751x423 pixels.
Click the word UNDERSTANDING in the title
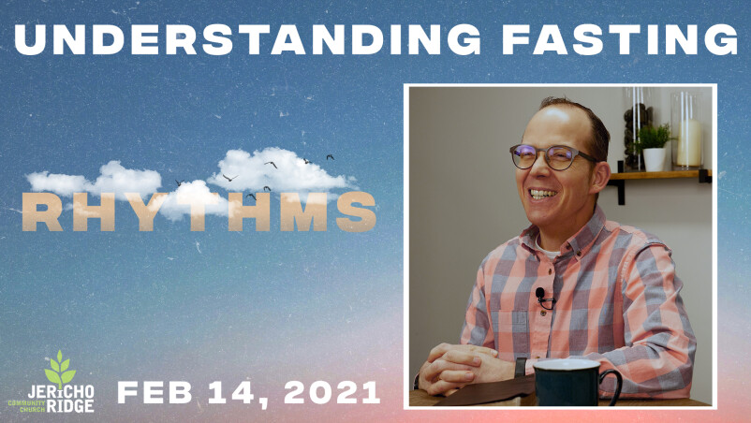pyautogui.click(x=247, y=38)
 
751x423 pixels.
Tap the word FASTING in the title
pyautogui.click(x=620, y=38)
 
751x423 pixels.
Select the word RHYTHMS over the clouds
pyautogui.click(x=199, y=211)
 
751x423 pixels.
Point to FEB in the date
pyautogui.click(x=155, y=392)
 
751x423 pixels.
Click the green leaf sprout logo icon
pyautogui.click(x=60, y=368)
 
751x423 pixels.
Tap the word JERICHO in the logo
pyautogui.click(x=61, y=391)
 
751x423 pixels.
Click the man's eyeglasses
pyautogui.click(x=552, y=157)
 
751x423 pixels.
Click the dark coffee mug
pyautogui.click(x=575, y=383)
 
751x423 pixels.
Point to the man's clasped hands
pyautogui.click(x=455, y=368)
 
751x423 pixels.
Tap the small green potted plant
pyautogui.click(x=654, y=146)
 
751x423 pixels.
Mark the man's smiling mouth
pyautogui.click(x=543, y=194)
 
